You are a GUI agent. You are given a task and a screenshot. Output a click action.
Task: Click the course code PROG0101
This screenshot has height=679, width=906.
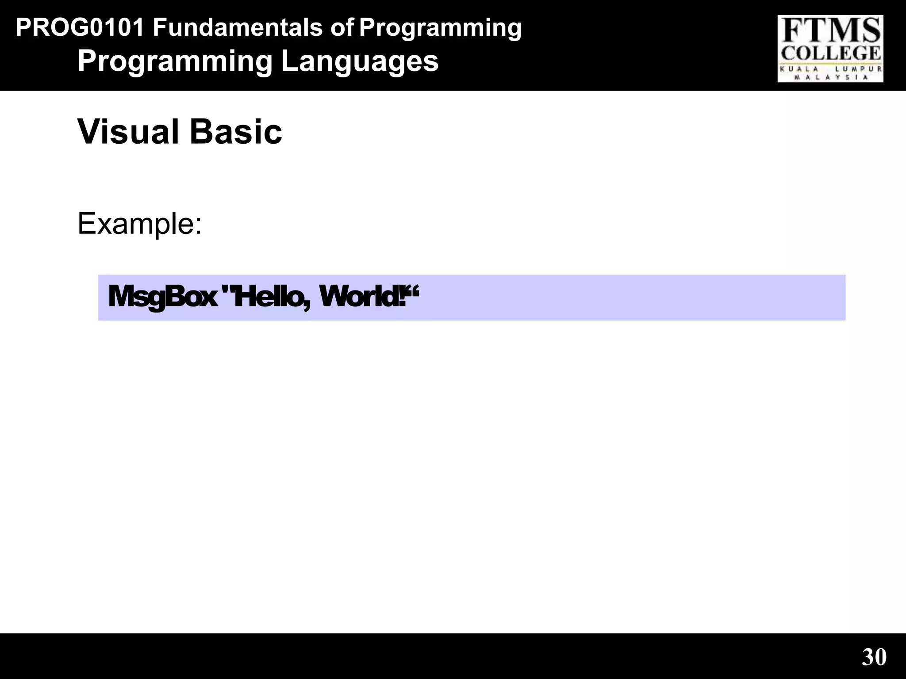tap(80, 28)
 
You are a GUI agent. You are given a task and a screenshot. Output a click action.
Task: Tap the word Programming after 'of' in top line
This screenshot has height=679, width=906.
tap(440, 28)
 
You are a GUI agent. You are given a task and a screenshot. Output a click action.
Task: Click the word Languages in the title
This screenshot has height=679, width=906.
tap(360, 61)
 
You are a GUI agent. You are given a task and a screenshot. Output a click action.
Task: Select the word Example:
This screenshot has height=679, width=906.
tap(140, 224)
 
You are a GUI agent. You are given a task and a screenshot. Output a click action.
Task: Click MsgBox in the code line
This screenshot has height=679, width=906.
tap(162, 297)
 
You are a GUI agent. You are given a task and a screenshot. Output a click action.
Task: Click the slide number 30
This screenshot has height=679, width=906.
tap(874, 657)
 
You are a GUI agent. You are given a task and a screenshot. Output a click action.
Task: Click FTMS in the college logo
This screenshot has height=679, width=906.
tap(830, 31)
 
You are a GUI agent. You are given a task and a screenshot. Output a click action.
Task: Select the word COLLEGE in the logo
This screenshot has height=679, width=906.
tap(830, 53)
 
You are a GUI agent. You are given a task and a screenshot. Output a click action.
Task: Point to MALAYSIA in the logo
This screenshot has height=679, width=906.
tap(831, 77)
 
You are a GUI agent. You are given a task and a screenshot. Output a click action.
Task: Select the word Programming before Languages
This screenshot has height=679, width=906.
tap(175, 61)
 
